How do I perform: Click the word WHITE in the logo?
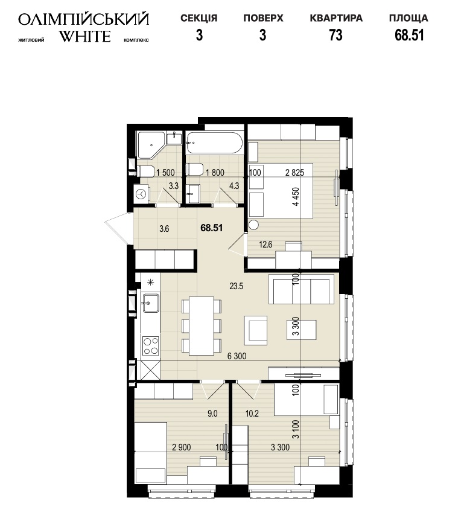[84, 36]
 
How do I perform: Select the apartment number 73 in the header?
[336, 35]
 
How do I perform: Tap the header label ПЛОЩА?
[409, 18]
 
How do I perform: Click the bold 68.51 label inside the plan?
[211, 228]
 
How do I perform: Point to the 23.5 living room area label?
[237, 286]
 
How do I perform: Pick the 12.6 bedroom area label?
[265, 245]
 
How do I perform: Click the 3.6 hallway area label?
[164, 229]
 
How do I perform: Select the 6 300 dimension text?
[237, 356]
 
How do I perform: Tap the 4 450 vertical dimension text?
[296, 196]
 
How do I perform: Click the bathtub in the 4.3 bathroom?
[214, 143]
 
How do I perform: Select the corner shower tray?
[150, 145]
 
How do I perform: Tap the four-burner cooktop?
[151, 346]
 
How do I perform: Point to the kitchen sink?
[151, 302]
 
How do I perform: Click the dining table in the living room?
[202, 326]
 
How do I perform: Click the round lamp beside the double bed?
[253, 225]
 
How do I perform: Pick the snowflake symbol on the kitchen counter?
[151, 282]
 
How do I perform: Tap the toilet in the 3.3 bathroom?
[146, 171]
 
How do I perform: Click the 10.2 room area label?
[252, 414]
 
